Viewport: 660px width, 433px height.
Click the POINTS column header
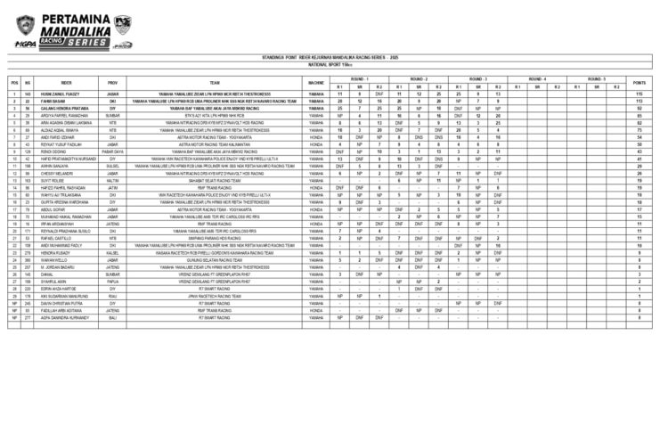640,82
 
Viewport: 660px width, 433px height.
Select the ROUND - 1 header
359,78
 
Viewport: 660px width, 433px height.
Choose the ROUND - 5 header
595,78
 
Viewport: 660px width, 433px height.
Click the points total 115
640,94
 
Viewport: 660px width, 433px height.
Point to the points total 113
640,101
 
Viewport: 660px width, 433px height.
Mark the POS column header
14,82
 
